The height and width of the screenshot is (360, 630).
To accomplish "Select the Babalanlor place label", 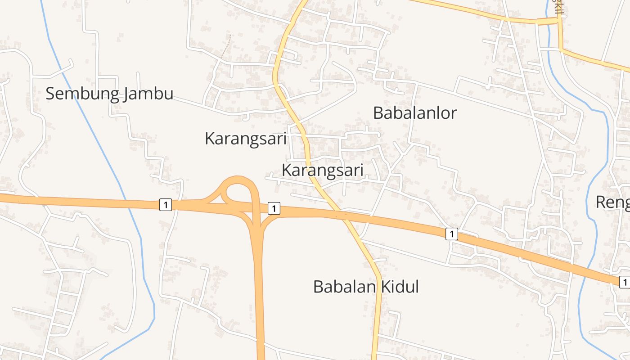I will coord(415,113).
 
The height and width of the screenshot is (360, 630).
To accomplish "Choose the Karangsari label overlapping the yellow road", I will coord(322,171).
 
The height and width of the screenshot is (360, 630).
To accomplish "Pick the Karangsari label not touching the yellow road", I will coord(245,139).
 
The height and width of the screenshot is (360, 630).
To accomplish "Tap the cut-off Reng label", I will coord(612,202).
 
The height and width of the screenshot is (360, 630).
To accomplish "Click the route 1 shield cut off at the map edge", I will coord(625,283).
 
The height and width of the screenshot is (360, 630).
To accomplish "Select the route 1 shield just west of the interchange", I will coord(166,205).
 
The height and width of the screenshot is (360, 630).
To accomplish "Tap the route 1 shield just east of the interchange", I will coord(274,208).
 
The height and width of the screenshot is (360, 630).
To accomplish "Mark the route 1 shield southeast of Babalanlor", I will coord(452,234).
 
